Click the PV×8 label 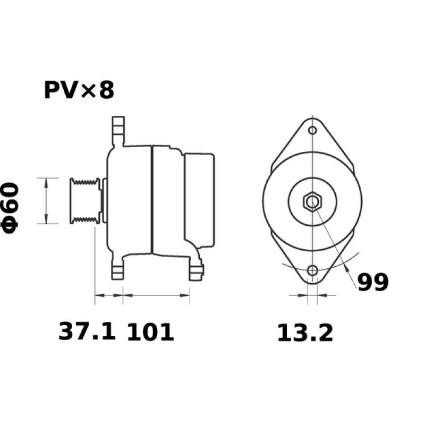79,90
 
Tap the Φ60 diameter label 11,207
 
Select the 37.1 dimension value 86,332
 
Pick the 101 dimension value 150,332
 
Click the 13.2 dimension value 305,333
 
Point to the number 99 372,282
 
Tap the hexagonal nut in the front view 312,201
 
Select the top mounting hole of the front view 313,130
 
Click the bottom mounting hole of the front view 313,270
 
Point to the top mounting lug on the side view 118,131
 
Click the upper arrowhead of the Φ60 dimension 47,182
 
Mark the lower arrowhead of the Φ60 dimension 47,220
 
